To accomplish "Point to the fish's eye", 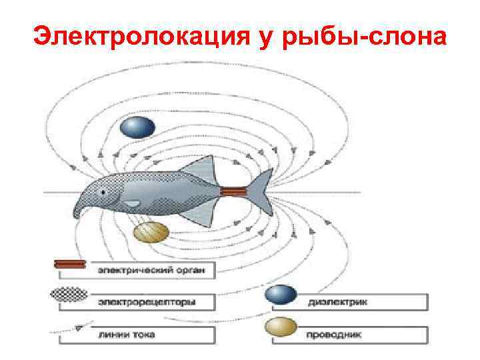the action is pyautogui.click(x=103, y=193).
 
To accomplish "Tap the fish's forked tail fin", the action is pyautogui.click(x=261, y=192).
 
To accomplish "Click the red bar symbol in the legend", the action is pyautogui.click(x=69, y=265).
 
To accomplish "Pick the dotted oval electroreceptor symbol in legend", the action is pyautogui.click(x=69, y=294).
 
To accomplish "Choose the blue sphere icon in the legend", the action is pyautogui.click(x=280, y=295).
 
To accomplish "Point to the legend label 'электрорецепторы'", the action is pyautogui.click(x=148, y=302).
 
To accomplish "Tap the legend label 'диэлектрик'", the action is pyautogui.click(x=337, y=302).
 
